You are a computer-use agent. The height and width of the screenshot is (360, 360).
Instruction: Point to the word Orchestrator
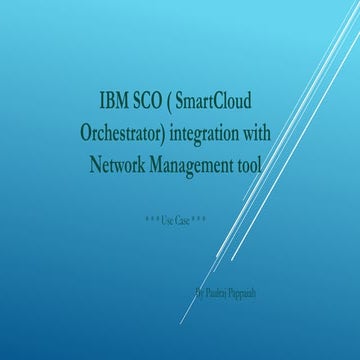coord(125,132)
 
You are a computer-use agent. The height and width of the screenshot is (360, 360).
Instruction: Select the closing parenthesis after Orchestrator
coord(164,132)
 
